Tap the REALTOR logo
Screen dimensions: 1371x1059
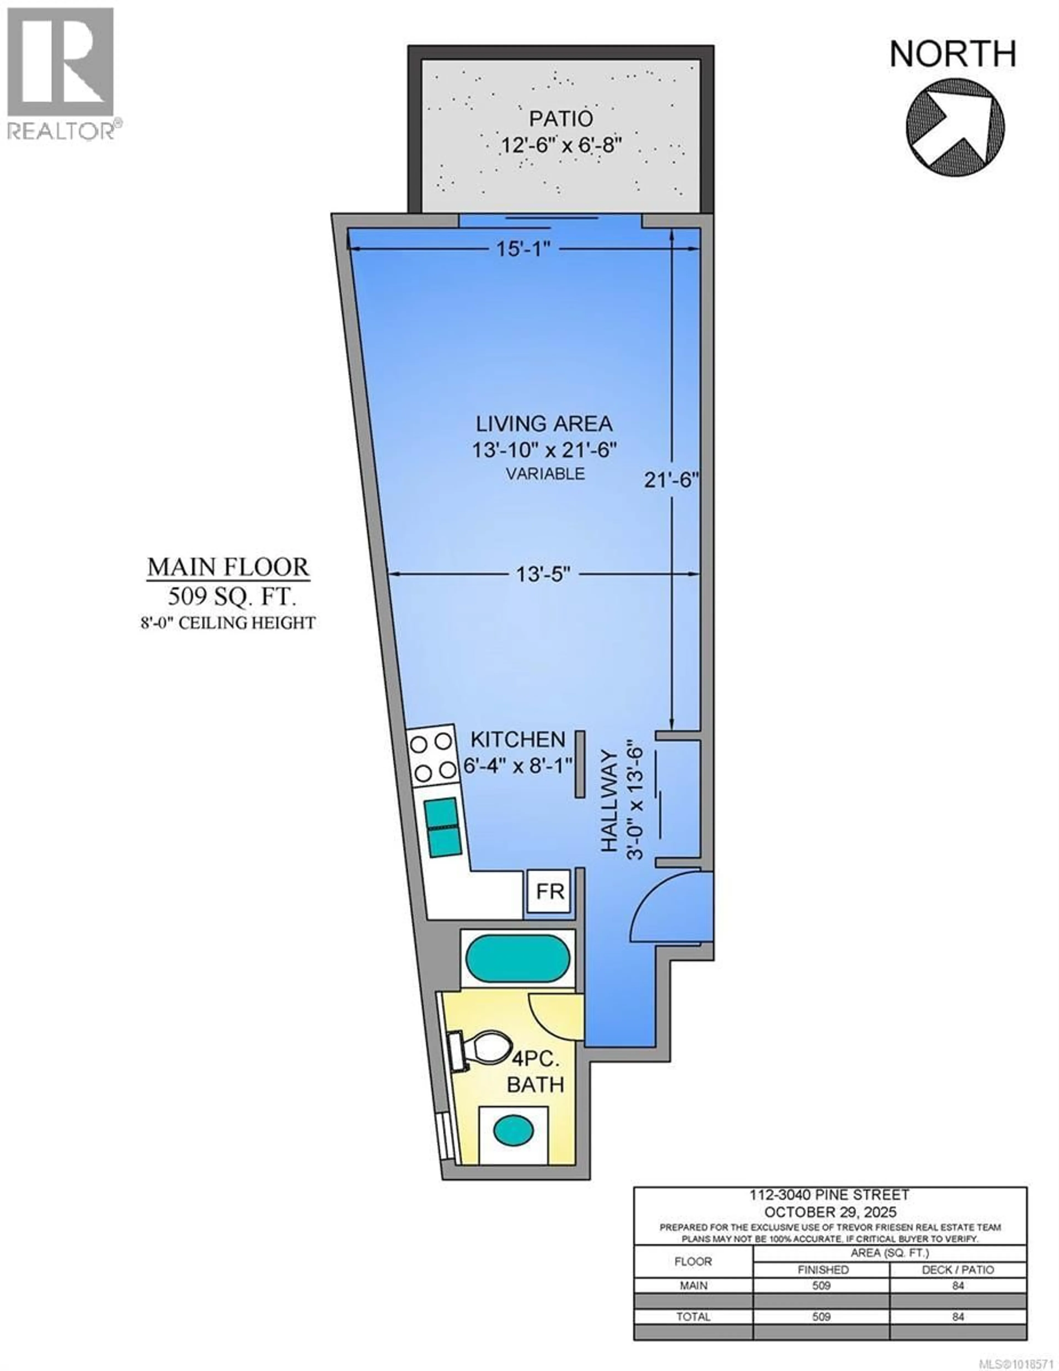tap(61, 72)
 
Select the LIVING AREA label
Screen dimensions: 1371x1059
tap(544, 424)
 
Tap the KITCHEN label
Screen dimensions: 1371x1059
tap(518, 739)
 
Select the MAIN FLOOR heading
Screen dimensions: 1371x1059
tap(228, 567)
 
